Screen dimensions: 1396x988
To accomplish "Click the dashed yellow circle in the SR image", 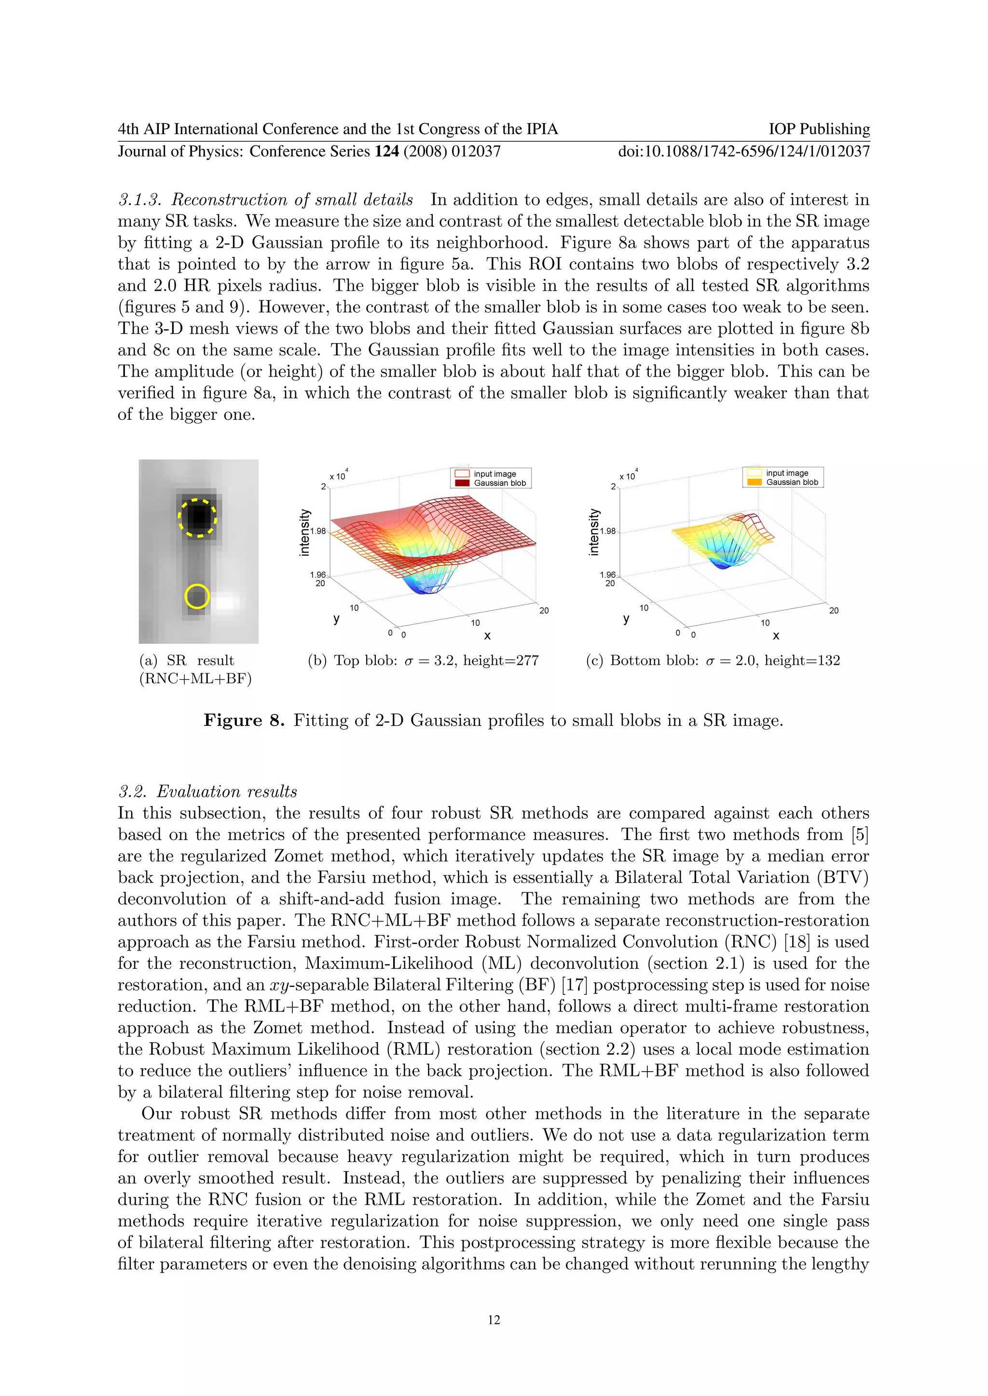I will tap(197, 518).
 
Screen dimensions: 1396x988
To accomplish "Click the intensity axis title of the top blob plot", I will tap(305, 533).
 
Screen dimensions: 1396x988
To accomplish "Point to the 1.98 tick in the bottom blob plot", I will tap(608, 531).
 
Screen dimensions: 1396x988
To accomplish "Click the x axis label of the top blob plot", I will tap(487, 636).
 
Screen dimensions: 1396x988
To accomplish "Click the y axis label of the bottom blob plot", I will tap(626, 618).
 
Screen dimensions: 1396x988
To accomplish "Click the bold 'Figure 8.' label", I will tap(244, 721).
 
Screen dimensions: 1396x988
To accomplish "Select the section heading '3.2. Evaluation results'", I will tap(207, 792).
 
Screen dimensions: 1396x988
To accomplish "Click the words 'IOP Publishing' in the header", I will tap(819, 129).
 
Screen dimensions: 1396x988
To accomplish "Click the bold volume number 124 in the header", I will tap(386, 151).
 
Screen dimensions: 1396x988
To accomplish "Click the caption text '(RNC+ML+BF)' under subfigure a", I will tap(195, 679).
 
